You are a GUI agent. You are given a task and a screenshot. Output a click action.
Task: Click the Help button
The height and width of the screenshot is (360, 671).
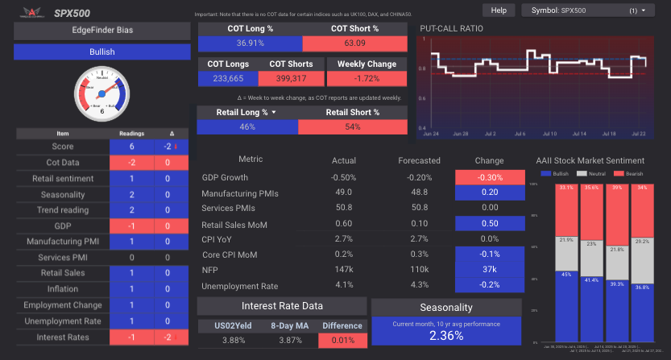pyautogui.click(x=499, y=10)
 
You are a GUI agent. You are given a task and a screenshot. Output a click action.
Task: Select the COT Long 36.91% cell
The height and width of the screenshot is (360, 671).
pyautogui.click(x=251, y=43)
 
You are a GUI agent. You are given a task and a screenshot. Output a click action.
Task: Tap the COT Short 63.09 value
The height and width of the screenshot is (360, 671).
pyautogui.click(x=355, y=43)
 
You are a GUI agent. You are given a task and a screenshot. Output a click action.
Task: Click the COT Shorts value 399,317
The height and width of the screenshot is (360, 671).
pyautogui.click(x=291, y=78)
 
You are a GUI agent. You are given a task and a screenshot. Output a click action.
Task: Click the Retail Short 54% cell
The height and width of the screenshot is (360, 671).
pyautogui.click(x=353, y=127)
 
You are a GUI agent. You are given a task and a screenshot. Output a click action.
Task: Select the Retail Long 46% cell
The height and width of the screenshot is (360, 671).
pyautogui.click(x=247, y=127)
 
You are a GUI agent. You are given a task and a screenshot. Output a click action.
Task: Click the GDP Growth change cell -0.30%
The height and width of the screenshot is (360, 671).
pyautogui.click(x=489, y=177)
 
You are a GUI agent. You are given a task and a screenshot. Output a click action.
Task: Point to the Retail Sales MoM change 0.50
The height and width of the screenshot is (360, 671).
pyautogui.click(x=489, y=224)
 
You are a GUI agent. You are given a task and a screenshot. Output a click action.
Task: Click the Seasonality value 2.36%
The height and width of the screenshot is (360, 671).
pyautogui.click(x=445, y=336)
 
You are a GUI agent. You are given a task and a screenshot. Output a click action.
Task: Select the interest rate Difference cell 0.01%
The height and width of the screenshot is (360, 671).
pyautogui.click(x=342, y=341)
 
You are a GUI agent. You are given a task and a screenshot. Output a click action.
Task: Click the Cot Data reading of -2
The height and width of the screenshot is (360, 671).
pyautogui.click(x=132, y=163)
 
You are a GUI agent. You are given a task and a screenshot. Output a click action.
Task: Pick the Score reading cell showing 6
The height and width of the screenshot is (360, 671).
pyautogui.click(x=132, y=147)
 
